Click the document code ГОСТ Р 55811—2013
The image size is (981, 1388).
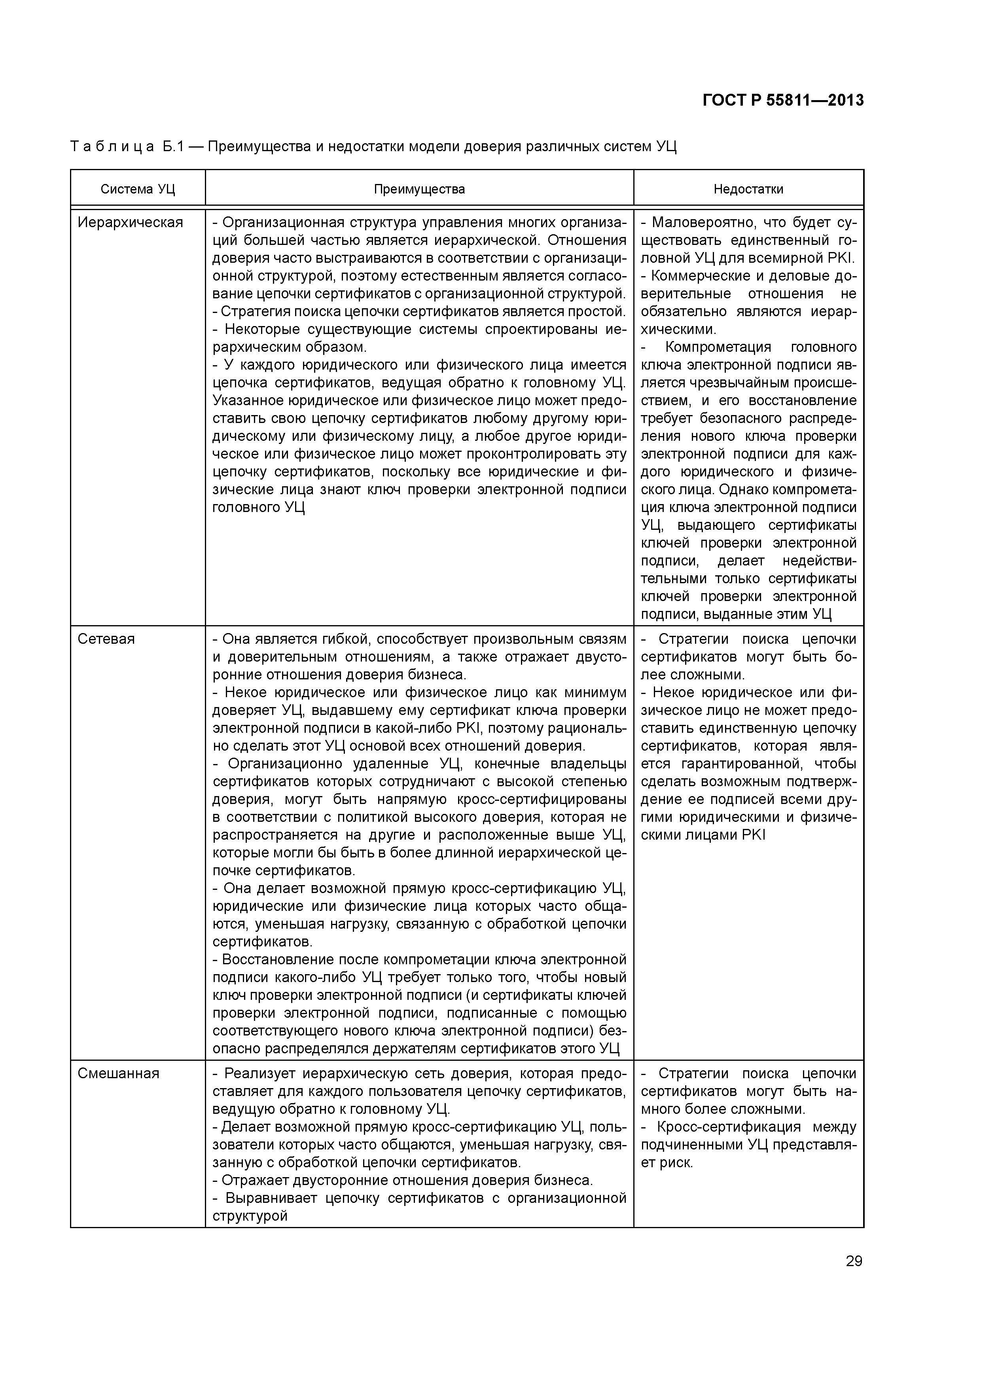[783, 100]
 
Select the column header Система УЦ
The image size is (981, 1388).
[138, 189]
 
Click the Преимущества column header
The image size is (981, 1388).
[419, 189]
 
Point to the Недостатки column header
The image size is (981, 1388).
[748, 189]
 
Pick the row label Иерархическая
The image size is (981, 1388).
[130, 222]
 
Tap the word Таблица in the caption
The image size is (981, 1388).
[112, 147]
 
